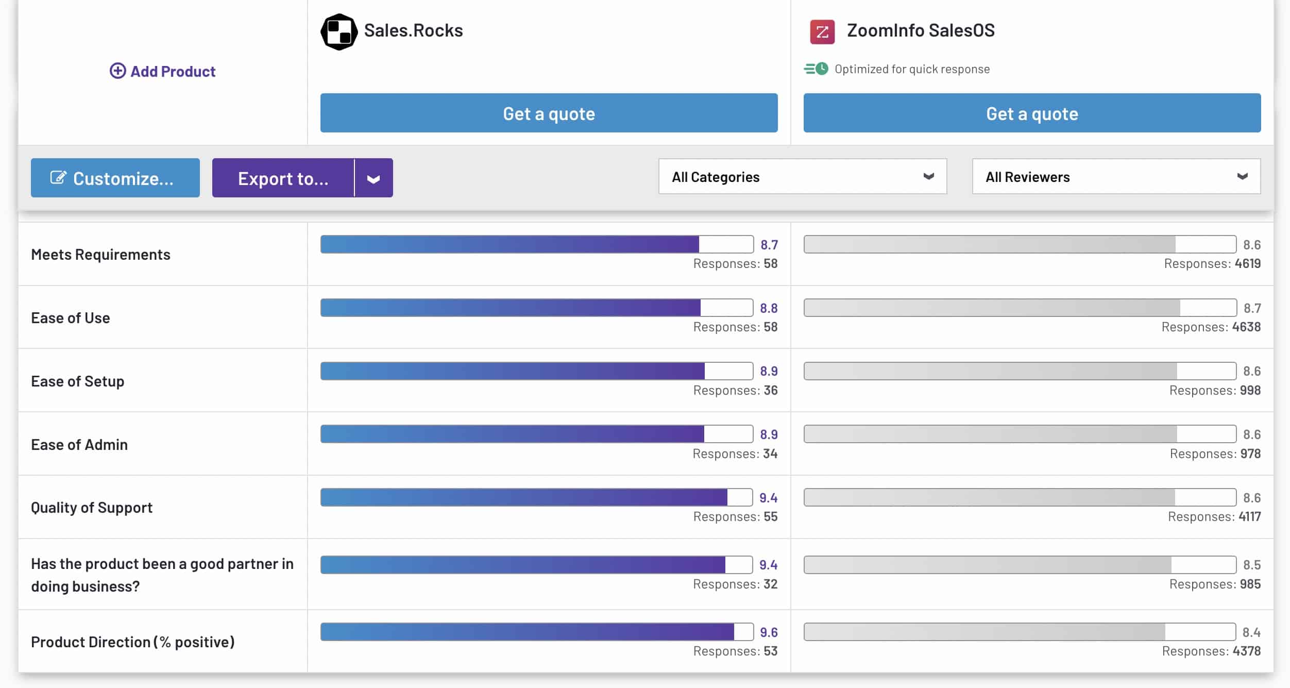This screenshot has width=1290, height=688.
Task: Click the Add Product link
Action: [x=163, y=71]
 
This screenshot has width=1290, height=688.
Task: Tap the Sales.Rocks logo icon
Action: [x=339, y=32]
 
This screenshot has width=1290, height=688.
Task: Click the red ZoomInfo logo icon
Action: [x=822, y=32]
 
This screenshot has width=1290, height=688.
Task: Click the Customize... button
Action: [x=115, y=178]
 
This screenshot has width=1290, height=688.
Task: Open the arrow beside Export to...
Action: [x=374, y=178]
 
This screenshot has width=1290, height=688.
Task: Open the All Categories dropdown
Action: [x=802, y=177]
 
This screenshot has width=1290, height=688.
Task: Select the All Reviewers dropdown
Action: [x=1116, y=177]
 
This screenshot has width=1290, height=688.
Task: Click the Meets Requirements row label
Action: [x=100, y=255]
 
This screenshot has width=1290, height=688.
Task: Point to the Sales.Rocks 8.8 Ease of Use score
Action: [x=769, y=308]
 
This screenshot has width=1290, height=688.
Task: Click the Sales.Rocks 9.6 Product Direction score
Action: [x=769, y=632]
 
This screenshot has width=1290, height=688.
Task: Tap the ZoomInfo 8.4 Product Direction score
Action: [x=1251, y=632]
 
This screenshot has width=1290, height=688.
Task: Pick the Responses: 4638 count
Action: [x=1211, y=327]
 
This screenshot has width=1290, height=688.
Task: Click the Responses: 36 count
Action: [x=735, y=391]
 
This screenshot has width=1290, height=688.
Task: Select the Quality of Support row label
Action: [x=92, y=508]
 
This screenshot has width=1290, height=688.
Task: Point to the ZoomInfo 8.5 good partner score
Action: [x=1252, y=565]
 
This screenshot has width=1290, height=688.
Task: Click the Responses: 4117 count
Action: [x=1214, y=517]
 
